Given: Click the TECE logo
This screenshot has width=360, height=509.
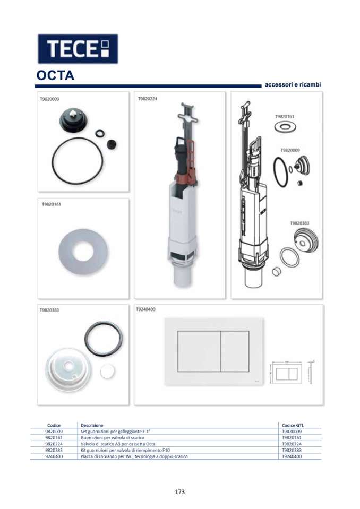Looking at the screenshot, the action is click(x=78, y=49).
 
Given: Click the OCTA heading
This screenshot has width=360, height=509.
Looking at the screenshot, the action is click(x=56, y=76).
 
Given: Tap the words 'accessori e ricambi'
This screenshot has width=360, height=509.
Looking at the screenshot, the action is click(x=293, y=85).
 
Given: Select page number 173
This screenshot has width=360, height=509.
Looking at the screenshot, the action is click(x=179, y=492).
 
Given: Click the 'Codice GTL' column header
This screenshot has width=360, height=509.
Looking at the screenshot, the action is click(x=293, y=425).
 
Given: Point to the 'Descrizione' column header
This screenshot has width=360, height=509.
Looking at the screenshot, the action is click(x=92, y=425).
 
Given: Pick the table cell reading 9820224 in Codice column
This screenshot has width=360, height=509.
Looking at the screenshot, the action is click(x=54, y=444).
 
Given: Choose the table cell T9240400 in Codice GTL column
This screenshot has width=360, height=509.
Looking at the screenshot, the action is click(x=292, y=456).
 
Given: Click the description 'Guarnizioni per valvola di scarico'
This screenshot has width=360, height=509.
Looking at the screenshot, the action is click(x=113, y=437).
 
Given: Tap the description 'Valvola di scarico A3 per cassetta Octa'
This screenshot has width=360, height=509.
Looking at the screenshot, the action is click(x=118, y=444).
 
